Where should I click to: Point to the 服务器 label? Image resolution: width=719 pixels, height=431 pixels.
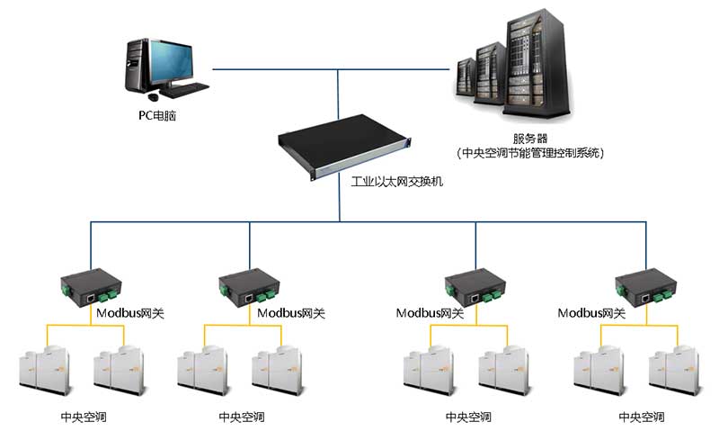click(x=530, y=138)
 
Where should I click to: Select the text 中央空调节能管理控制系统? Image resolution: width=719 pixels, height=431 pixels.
click(x=530, y=153)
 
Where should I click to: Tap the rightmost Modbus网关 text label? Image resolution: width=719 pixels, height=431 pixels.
click(x=591, y=313)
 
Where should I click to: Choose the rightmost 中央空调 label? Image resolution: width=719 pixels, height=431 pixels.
click(x=642, y=418)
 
